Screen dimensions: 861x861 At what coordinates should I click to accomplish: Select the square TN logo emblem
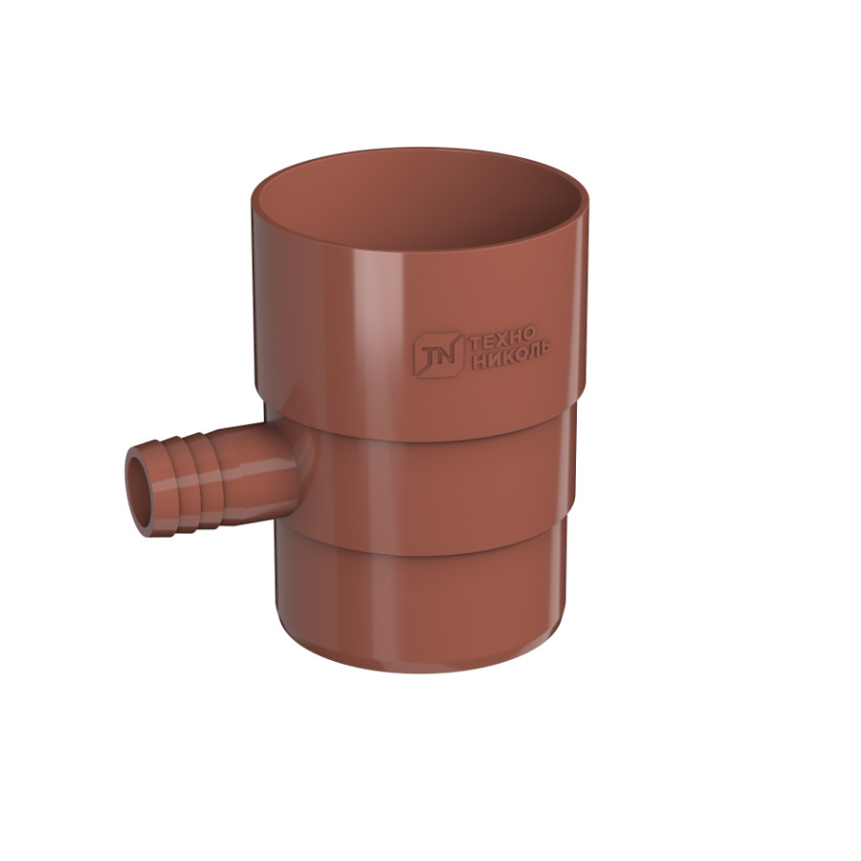click(438, 354)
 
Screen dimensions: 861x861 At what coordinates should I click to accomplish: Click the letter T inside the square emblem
click(429, 356)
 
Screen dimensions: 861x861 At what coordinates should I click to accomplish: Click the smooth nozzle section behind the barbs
click(258, 471)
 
